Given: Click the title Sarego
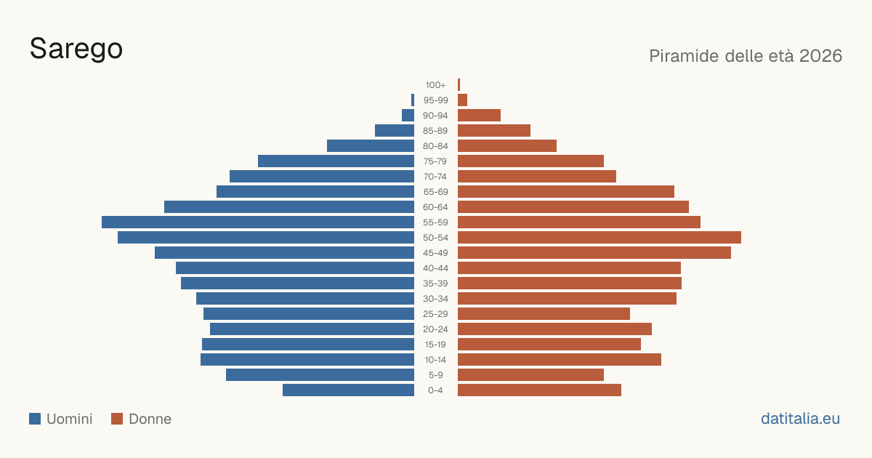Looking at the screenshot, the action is pos(76,49).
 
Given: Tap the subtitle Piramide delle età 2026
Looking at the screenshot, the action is pos(746,56).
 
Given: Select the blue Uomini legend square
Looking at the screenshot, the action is pos(35,419).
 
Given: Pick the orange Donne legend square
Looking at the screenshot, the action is pos(117,419).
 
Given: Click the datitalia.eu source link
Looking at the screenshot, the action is pos(800,419).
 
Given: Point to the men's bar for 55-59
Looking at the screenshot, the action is pos(258,222).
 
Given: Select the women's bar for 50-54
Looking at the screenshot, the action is pos(599,237).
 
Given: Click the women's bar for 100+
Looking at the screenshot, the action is pos(459,84).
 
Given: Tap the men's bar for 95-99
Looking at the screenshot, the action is pos(413,100).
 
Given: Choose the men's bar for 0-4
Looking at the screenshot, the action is pos(348,390).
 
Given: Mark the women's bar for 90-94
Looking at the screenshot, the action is pos(479,116).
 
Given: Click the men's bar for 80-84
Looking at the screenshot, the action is pos(371,145).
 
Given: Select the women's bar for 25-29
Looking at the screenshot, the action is pos(544,313).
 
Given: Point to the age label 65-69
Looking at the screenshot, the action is pos(435,192).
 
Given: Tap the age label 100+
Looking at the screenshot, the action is pos(435,85).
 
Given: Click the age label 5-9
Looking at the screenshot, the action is pos(435,375).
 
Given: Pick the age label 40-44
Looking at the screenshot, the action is pos(435,268).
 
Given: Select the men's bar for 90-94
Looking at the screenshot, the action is pos(408,116).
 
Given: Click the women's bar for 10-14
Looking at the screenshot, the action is pos(560,359).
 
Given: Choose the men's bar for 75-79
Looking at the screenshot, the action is pos(336,161).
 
